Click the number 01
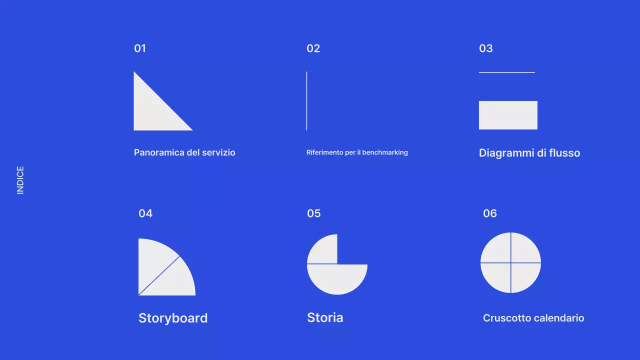tap(140, 48)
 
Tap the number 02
tap(313, 48)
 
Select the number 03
tap(485, 48)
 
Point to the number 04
tap(145, 213)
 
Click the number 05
tap(313, 213)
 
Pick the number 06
tap(489, 213)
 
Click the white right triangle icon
tap(152, 112)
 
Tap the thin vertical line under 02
tap(306, 101)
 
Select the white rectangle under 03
tap(508, 115)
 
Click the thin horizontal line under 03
tap(506, 72)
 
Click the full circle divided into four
tap(510, 262)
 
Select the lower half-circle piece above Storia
tap(337, 278)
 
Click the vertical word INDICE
tap(20, 180)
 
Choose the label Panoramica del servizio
tap(184, 152)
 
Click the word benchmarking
tap(384, 152)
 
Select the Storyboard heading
tap(173, 318)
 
